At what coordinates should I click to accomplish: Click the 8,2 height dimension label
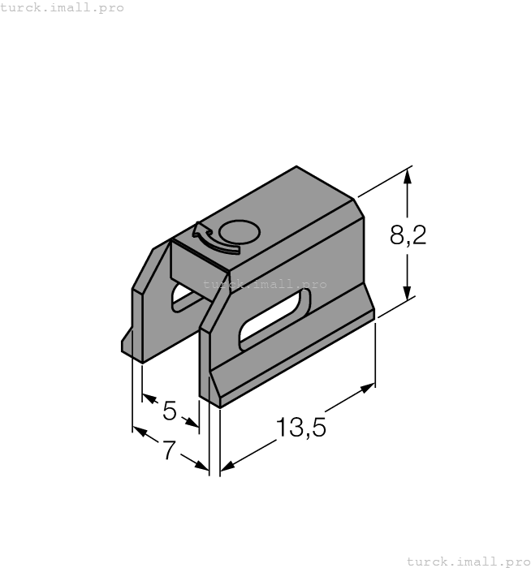(x=408, y=236)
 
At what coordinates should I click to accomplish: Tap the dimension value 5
(x=169, y=411)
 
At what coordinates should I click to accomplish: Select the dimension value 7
(x=168, y=450)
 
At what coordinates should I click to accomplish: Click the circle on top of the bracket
(x=240, y=234)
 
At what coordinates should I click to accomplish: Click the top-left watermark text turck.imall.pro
(x=63, y=8)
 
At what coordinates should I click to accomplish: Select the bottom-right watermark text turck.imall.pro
(x=466, y=561)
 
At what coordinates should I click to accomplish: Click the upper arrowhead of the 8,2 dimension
(x=408, y=175)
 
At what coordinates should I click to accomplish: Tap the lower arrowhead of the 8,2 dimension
(x=408, y=295)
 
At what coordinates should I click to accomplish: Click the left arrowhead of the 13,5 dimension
(x=228, y=466)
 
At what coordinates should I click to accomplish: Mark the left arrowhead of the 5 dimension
(x=149, y=398)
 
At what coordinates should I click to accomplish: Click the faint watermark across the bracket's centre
(x=265, y=285)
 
